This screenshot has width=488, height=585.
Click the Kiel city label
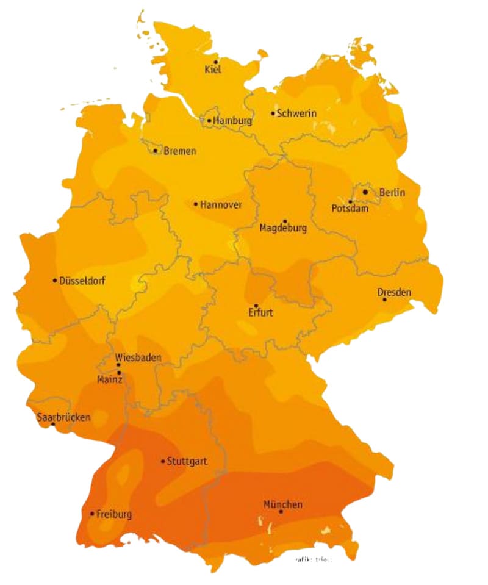point(213,70)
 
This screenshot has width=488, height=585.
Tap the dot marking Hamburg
point(209,121)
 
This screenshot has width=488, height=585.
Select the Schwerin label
point(296,113)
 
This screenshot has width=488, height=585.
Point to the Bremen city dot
point(155,151)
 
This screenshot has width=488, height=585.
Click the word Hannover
point(221,204)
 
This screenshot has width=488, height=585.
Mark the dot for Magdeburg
point(285,221)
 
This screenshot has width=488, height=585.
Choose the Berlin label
point(392,193)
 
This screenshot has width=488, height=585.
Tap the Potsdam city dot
point(350,202)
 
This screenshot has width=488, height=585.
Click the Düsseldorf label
point(82,281)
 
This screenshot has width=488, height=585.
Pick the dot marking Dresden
point(384,300)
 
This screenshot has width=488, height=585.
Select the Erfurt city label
point(260,314)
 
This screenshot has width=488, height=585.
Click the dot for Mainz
point(119,372)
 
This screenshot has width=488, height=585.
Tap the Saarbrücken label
point(63,418)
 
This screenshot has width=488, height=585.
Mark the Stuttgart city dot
point(163,461)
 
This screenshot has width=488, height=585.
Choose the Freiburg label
point(114,514)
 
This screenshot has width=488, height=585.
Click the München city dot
point(281,512)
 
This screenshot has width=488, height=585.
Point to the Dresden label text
point(394,292)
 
